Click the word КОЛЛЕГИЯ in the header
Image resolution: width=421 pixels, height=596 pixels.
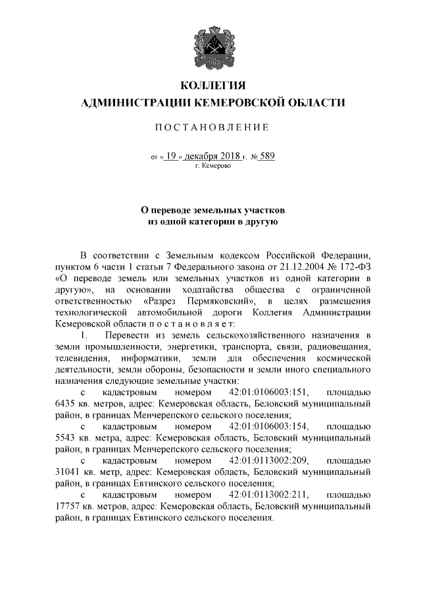[x=210, y=86]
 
